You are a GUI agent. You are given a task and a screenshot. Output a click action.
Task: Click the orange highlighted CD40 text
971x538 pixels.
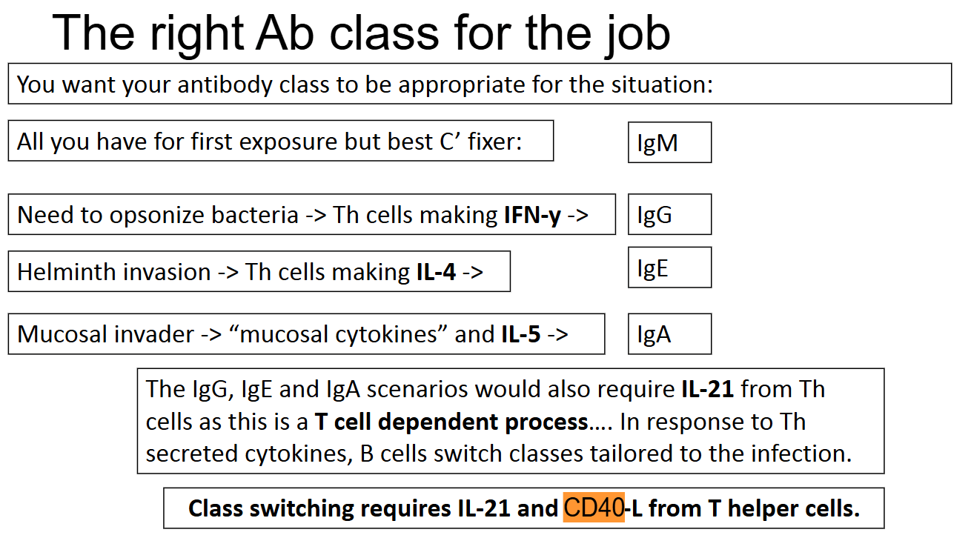[594, 507]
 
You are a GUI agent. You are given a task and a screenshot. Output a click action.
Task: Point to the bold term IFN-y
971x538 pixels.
[532, 215]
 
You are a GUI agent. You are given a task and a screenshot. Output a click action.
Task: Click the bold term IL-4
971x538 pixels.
[436, 272]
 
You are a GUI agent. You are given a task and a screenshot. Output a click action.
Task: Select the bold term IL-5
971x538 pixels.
[521, 334]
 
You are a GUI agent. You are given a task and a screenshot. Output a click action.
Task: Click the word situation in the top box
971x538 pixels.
[662, 84]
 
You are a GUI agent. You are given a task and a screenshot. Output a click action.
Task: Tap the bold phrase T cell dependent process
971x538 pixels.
[451, 422]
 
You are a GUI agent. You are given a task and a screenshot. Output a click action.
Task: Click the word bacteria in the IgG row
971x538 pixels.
[255, 215]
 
